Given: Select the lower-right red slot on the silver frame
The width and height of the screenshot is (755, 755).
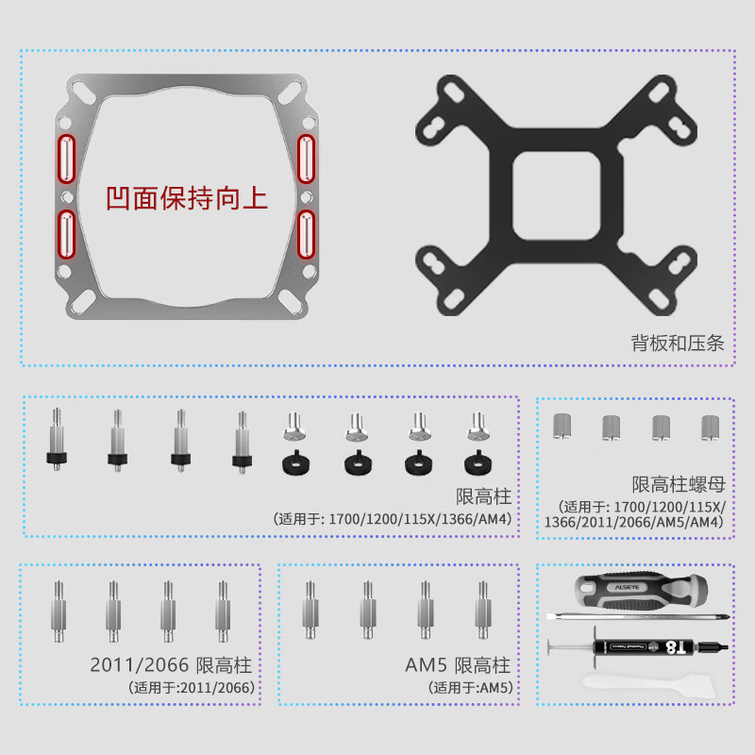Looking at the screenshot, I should pos(306,234).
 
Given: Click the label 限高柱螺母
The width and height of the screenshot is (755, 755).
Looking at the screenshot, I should pos(678,485).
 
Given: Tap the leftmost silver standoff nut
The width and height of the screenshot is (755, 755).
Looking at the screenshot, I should pos(564,428).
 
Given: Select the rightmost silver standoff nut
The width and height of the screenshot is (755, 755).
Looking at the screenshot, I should pos(710,428).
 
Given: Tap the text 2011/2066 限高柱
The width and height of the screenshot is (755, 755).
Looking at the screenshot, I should pos(173,664).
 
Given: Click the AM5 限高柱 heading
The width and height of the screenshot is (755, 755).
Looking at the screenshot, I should pos(458,664).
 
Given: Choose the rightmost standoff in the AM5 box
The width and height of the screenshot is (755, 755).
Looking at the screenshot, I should pos(483,610).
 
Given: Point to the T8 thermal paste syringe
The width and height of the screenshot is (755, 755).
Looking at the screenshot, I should pos(651,648).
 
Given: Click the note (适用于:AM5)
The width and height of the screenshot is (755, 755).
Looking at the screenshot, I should pos(470,688).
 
